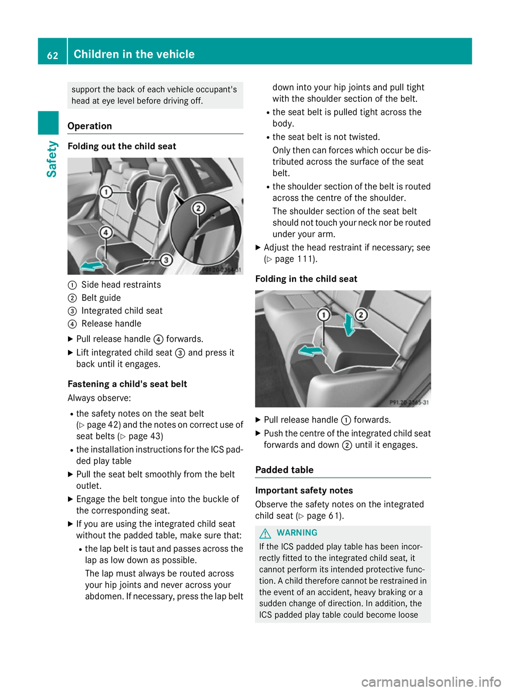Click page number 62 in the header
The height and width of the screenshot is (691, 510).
[53, 55]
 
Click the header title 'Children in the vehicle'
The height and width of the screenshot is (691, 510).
[134, 54]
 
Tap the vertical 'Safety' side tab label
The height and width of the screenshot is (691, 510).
[52, 159]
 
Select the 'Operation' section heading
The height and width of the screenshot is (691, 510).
[90, 126]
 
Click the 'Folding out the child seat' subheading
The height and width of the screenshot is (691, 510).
[122, 146]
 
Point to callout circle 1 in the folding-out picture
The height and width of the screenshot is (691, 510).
[106, 192]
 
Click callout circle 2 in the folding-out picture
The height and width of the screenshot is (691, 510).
[199, 208]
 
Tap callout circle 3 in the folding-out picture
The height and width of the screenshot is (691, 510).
[166, 260]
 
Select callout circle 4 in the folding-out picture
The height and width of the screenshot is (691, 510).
[106, 232]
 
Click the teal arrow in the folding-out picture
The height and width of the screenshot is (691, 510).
[91, 265]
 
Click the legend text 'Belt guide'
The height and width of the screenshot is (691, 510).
[101, 298]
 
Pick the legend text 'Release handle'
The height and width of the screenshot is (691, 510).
[111, 324]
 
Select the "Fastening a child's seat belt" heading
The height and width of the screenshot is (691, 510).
[127, 384]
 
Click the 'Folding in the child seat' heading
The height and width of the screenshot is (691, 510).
[306, 279]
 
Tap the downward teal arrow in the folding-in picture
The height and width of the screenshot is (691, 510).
[349, 324]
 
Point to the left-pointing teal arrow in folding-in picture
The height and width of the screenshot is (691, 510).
[310, 350]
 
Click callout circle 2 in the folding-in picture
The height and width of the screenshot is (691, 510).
[361, 315]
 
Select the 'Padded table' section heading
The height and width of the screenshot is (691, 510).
[284, 470]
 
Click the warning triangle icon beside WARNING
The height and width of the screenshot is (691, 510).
[266, 533]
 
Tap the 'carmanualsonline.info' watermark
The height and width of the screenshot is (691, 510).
[431, 681]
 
